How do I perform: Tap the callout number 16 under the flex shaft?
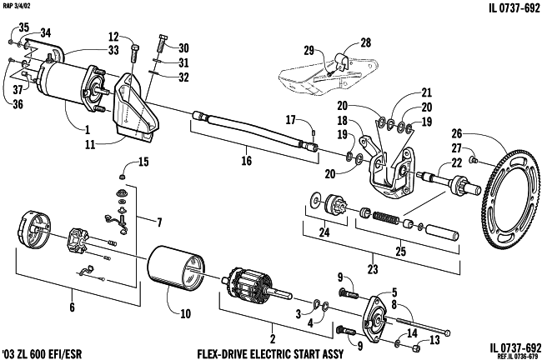[247, 160]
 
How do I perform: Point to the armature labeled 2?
[256, 283]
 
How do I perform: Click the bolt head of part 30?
[163, 37]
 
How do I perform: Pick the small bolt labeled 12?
[135, 53]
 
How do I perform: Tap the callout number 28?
[366, 42]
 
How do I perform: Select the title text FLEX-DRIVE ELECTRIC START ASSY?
[271, 354]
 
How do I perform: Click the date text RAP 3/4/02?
[16, 6]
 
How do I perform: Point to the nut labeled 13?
[417, 348]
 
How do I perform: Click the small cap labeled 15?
[122, 177]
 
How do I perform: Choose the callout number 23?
[373, 269]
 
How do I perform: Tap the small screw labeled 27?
[474, 160]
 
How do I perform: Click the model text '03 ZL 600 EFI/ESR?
[42, 354]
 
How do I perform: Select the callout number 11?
[90, 144]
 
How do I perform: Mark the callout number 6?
[72, 307]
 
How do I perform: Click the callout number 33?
[113, 51]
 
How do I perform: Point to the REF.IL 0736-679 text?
[518, 357]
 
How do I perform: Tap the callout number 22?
[457, 162]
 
